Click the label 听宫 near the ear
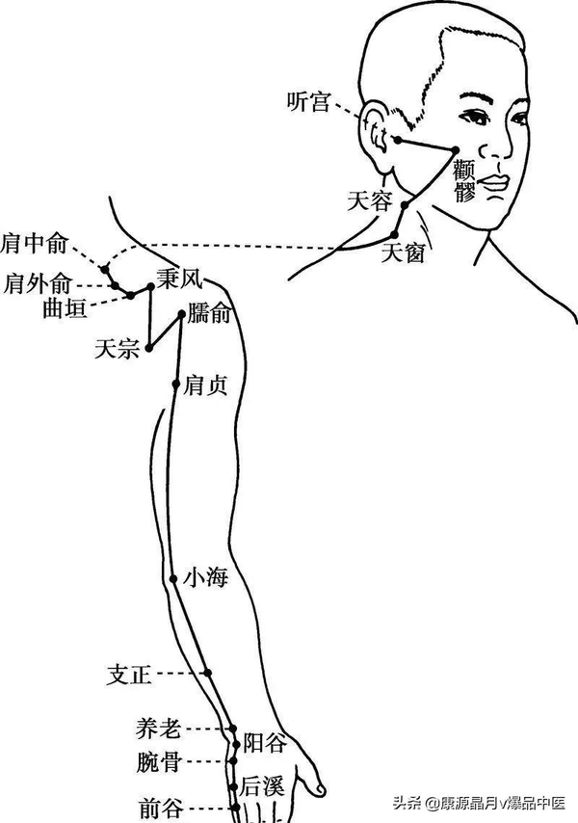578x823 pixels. coord(309,101)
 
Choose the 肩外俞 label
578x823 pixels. coord(37,284)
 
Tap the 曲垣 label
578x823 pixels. coord(66,308)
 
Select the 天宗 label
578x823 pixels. coord(116,349)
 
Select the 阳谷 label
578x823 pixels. coord(263,742)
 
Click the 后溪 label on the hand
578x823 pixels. coord(262,785)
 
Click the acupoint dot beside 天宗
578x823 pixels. coord(149,350)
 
